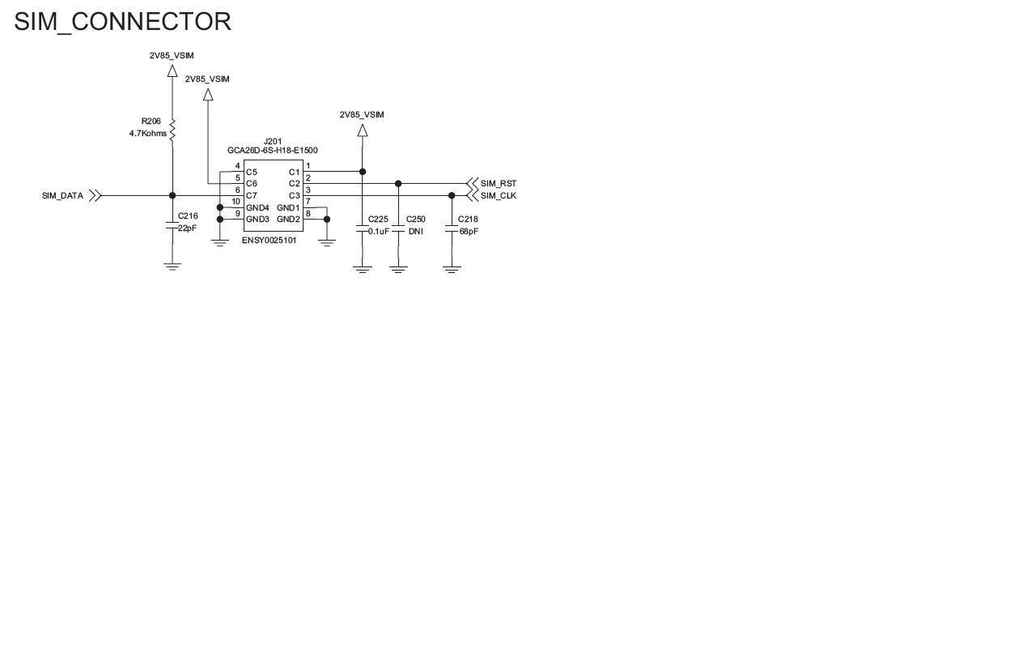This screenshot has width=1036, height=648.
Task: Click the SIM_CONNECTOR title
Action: [122, 22]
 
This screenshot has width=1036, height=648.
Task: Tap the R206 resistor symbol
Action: [172, 130]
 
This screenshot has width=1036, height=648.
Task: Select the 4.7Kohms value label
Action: [148, 134]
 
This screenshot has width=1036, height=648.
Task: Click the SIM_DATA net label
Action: [62, 196]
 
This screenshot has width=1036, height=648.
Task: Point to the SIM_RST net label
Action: [499, 184]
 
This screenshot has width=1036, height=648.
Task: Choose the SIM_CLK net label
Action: [499, 196]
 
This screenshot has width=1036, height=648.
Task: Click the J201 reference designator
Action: [273, 142]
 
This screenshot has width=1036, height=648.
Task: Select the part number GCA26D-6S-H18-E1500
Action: [273, 151]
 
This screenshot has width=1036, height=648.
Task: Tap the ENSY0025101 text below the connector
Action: [270, 241]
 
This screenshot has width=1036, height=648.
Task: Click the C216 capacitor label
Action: [188, 216]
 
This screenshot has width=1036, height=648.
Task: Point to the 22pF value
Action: [187, 228]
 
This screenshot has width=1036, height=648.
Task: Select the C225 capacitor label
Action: [378, 220]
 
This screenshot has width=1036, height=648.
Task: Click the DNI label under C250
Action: [416, 232]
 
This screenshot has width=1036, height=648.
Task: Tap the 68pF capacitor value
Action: [469, 232]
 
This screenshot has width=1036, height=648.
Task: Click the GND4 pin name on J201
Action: [257, 208]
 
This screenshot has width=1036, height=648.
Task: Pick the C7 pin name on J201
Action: [251, 196]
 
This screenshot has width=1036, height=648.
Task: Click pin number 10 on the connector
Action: [236, 202]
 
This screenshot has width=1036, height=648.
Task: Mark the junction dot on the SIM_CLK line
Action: [452, 196]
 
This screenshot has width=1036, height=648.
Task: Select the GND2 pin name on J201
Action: [289, 220]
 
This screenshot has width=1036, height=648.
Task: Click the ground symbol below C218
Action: [452, 270]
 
